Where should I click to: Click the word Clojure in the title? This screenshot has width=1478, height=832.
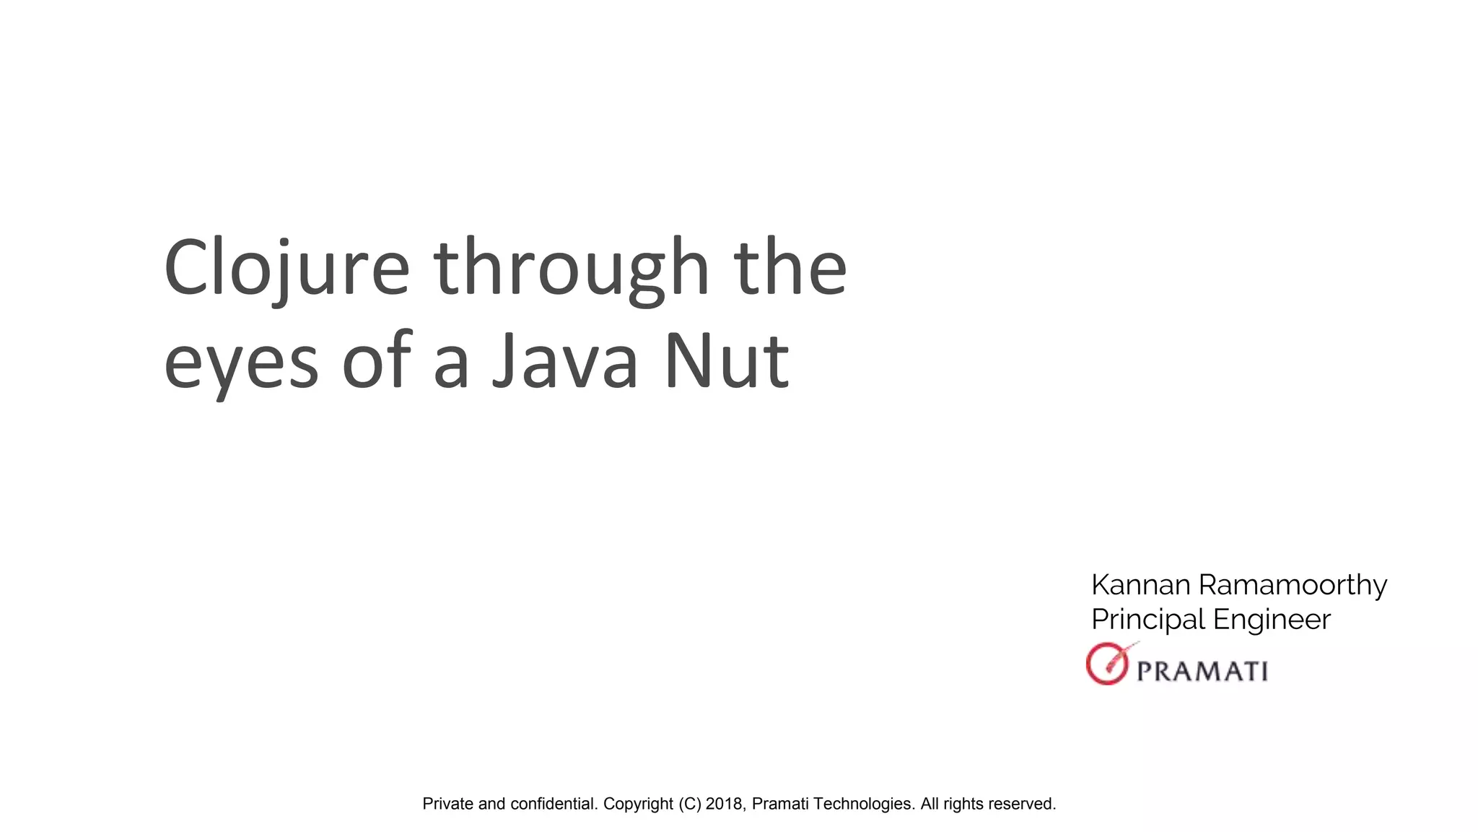pyautogui.click(x=287, y=269)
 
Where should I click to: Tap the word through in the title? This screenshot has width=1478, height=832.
pyautogui.click(x=572, y=269)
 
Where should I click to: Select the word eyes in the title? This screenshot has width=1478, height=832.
pyautogui.click(x=241, y=361)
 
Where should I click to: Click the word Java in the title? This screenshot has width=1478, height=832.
pyautogui.click(x=564, y=361)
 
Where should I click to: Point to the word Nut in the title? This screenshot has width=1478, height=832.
pyautogui.click(x=726, y=361)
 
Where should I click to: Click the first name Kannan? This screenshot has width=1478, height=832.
pyautogui.click(x=1140, y=585)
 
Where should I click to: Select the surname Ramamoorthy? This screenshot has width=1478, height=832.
pyautogui.click(x=1293, y=585)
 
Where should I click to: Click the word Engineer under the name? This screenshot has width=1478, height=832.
pyautogui.click(x=1271, y=620)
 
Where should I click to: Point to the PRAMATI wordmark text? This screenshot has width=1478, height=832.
pyautogui.click(x=1202, y=671)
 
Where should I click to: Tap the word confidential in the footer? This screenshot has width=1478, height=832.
pyautogui.click(x=554, y=804)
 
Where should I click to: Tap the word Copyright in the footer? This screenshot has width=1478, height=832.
pyautogui.click(x=638, y=804)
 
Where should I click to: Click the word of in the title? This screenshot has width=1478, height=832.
pyautogui.click(x=376, y=361)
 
